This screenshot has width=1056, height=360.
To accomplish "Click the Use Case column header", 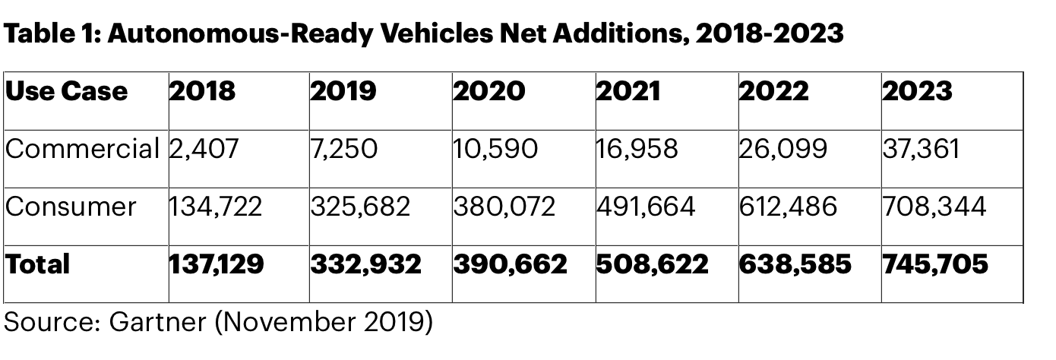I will coord(66,91).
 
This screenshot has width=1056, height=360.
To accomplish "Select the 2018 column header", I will coord(202,91).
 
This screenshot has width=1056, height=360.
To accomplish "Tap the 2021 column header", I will coord(628,91).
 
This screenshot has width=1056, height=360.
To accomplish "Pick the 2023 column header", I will coord(917,91).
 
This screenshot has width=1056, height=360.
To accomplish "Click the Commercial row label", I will coord(82,148).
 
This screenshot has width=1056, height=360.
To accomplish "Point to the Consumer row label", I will coord(71,207).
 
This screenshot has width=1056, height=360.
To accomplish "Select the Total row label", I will coord(37,264).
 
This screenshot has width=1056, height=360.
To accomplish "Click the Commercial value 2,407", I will coord(204,148).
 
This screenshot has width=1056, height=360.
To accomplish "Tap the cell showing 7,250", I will coord(343,148).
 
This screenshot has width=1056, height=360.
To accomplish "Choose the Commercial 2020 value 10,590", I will coord(495,148).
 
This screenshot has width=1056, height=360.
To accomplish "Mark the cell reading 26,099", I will coord(783,148).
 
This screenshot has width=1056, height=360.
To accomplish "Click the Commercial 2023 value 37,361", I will coord(921,148).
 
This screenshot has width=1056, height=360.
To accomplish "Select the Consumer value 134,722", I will coord(215,207).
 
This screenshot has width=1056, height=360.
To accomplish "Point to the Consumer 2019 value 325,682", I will coord(360,207).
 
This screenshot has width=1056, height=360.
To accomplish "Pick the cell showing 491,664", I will coord(646,207).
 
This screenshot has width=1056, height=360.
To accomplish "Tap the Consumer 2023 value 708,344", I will coord(934,207).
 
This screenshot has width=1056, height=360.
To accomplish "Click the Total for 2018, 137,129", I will coord(217,264).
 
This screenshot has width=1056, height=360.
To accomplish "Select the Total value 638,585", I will coord(795,264).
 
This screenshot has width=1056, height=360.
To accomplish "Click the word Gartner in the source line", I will coord(157,322).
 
